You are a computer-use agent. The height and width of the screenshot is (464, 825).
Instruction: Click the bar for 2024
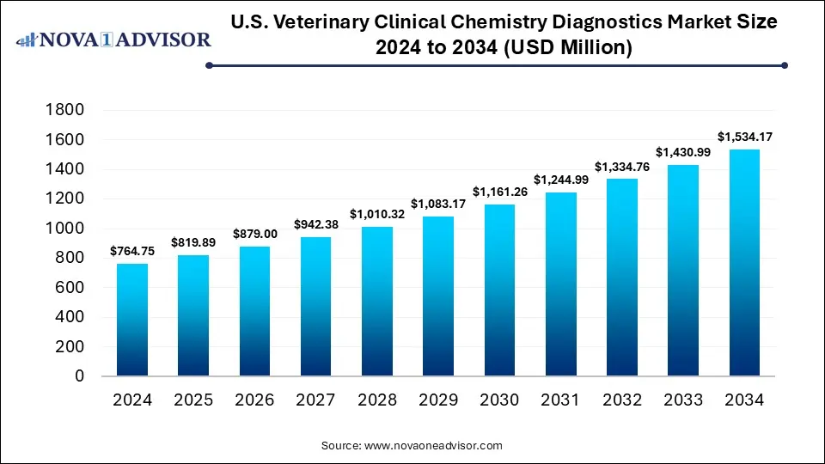131,320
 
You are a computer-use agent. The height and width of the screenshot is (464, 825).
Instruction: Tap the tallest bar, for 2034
744,263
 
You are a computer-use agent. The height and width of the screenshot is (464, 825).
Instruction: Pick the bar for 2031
560,284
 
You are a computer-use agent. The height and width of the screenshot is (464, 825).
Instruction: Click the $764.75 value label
131,251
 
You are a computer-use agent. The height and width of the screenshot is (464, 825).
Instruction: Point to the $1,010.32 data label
376,214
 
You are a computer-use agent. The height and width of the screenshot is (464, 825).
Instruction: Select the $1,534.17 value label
744,137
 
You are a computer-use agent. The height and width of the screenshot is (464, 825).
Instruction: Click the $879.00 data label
254,234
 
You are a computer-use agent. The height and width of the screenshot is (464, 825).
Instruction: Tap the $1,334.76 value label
621,166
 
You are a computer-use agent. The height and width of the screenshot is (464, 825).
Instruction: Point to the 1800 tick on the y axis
66,110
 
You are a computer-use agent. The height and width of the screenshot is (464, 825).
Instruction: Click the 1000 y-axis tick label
66,229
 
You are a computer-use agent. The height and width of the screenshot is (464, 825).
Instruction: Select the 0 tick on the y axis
78,376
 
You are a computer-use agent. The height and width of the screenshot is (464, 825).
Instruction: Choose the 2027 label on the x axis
315,400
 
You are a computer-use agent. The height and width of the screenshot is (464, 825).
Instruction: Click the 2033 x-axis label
682,400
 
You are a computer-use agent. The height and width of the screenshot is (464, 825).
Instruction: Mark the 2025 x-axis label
193,400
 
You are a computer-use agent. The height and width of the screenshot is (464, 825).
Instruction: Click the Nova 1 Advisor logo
114,40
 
